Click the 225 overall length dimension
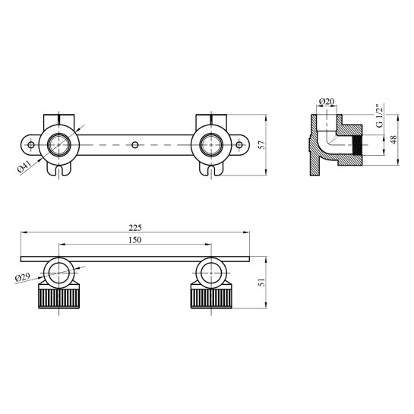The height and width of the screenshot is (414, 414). tap(135, 228)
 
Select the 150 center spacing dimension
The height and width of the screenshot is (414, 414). tap(135, 240)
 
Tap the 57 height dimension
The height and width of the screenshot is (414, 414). tap(262, 145)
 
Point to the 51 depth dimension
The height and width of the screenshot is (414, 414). tap(262, 283)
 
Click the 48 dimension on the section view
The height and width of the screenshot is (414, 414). tap(393, 140)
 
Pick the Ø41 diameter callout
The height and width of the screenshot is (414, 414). tap(24, 166)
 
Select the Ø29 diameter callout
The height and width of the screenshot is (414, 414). tap(23, 277)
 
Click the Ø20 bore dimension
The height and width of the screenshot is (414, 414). tap(327, 101)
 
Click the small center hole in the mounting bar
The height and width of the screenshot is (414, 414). tap(135, 145)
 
